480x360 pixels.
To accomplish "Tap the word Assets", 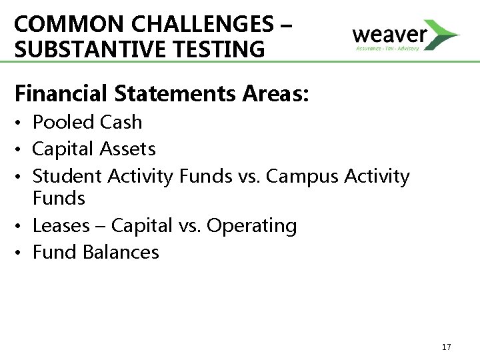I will (131, 148).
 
